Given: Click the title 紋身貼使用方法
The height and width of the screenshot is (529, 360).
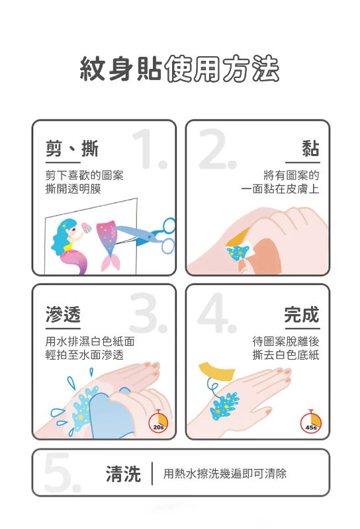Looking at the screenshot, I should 179,69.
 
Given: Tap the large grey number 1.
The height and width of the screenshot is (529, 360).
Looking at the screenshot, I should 148,149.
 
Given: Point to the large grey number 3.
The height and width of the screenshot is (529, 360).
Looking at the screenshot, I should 148,313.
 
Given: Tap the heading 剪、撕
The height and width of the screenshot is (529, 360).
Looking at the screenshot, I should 72,148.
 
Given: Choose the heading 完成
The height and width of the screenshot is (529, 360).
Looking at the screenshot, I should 301,314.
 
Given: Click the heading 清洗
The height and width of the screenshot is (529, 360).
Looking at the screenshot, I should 124,473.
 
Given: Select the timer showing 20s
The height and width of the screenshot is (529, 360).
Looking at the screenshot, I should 159,423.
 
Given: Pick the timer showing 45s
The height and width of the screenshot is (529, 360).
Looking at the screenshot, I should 311,423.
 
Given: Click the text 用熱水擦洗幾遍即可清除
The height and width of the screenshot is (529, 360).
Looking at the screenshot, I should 225,473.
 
